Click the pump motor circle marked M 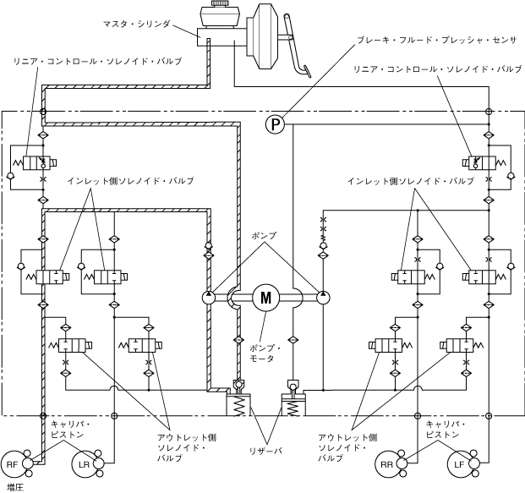265,297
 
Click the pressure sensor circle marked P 274,125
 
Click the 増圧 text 14,486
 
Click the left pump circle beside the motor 209,297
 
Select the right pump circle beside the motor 323,297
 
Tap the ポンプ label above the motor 263,235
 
